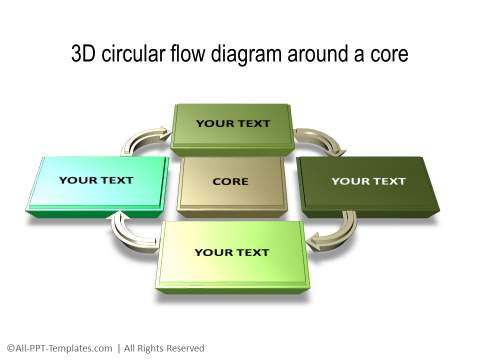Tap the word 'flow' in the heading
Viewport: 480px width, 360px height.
(194, 54)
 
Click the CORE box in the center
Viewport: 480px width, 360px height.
(231, 184)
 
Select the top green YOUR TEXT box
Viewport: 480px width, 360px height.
(233, 127)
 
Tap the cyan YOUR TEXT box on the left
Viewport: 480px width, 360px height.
(96, 183)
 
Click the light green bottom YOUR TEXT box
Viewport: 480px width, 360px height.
(231, 254)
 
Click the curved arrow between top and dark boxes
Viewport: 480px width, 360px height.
(320, 139)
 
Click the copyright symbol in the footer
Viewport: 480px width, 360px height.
(9, 348)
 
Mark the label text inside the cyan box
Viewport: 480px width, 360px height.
(96, 181)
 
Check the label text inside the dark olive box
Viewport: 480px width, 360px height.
(368, 181)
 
